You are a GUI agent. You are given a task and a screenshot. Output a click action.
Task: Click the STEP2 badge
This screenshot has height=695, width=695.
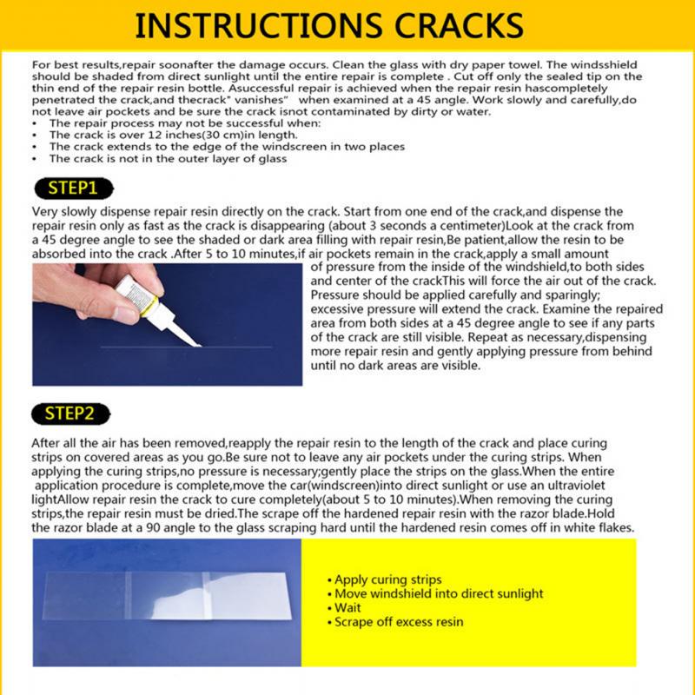pyautogui.click(x=73, y=413)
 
